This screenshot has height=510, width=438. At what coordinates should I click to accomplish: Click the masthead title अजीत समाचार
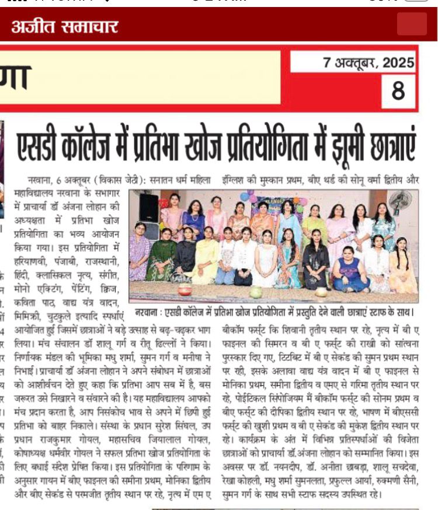[x=64, y=26]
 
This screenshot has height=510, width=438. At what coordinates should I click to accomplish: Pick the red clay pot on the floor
[x=185, y=289]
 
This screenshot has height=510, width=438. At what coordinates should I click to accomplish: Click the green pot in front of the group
[x=256, y=292]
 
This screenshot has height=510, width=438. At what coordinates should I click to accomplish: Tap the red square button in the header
[x=412, y=25]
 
